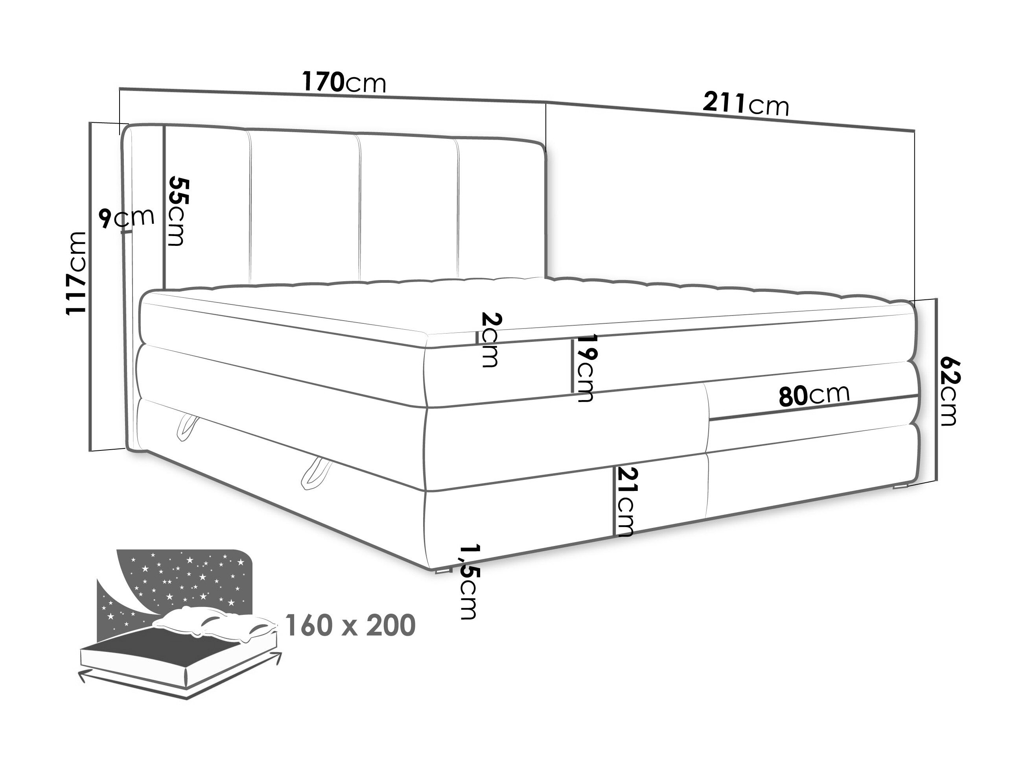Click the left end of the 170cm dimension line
(x=120, y=89)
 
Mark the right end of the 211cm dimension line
(x=915, y=132)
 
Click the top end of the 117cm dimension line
(x=90, y=122)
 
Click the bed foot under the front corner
(x=442, y=571)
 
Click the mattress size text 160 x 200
(x=350, y=624)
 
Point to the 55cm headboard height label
(x=177, y=211)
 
